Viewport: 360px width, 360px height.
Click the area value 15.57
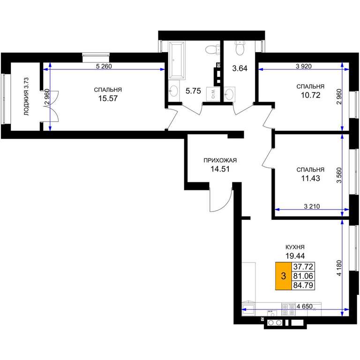[x=108, y=98]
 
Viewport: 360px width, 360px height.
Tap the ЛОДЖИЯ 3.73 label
[x=27, y=97]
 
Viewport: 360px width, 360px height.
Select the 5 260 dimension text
[x=104, y=67]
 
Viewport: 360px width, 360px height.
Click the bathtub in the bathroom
[x=177, y=60]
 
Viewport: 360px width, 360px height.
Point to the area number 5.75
[x=193, y=91]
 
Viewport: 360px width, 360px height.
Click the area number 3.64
[x=240, y=68]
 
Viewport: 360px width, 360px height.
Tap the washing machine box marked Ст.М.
[x=213, y=94]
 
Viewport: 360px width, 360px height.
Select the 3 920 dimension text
[x=304, y=67]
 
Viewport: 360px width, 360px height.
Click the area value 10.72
[x=310, y=95]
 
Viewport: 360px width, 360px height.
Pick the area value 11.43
[x=310, y=178]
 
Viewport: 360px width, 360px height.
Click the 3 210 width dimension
[x=312, y=206]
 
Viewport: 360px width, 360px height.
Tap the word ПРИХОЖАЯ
[x=220, y=160]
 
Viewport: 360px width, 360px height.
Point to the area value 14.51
[x=220, y=169]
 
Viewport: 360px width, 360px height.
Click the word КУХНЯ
[x=295, y=247]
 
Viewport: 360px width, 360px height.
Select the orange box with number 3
[x=284, y=276]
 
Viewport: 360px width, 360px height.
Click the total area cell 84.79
[x=303, y=285]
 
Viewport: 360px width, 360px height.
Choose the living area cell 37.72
[x=303, y=267]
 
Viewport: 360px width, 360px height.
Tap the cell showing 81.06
[x=303, y=276]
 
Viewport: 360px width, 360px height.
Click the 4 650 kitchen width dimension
[x=304, y=306]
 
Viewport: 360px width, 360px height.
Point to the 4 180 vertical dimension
[x=339, y=268]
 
